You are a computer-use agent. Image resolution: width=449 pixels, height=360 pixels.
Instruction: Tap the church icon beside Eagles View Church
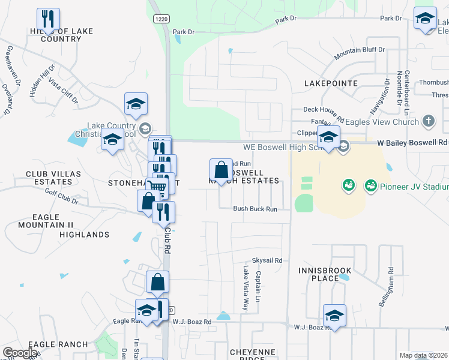pyautogui.click(x=428, y=121)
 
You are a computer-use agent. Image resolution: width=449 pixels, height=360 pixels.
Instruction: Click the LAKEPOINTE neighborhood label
pyautogui.click(x=331, y=83)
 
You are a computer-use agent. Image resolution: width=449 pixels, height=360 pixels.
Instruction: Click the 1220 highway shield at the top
pyautogui.click(x=160, y=19)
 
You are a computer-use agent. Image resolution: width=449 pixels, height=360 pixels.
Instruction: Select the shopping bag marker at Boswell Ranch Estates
pyautogui.click(x=221, y=169)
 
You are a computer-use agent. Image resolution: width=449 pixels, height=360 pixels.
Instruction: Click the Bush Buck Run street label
pyautogui.click(x=255, y=209)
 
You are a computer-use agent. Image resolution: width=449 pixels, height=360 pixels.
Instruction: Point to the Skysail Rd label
pyautogui.click(x=267, y=260)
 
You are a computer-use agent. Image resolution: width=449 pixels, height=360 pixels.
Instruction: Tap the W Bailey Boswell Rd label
pyautogui.click(x=412, y=143)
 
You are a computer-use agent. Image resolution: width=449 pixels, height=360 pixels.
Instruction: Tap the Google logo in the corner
pyautogui.click(x=20, y=353)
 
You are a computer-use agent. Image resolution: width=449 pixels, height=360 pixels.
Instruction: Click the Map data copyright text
pyautogui.click(x=424, y=355)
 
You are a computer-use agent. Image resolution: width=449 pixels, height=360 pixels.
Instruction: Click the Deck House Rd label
pyautogui.click(x=323, y=109)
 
